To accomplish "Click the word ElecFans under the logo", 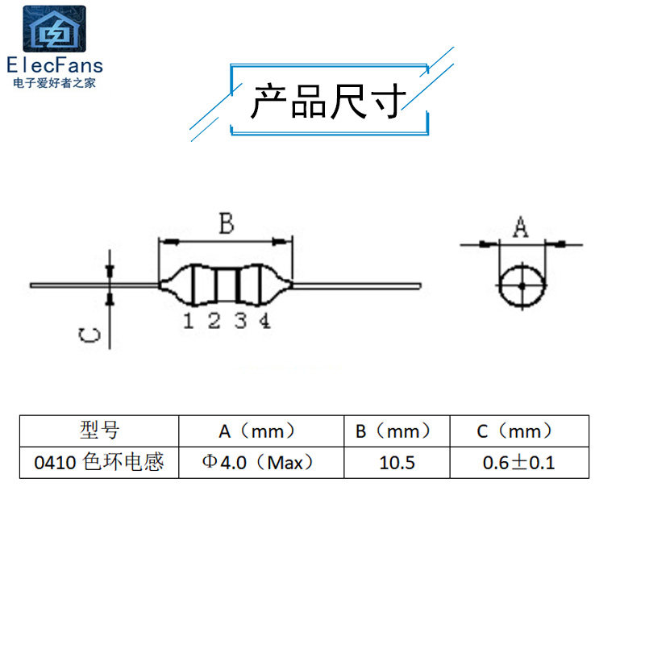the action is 54,65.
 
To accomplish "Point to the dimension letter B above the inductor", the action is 227,223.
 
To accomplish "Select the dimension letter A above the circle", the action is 522,228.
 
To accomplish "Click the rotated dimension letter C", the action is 90,336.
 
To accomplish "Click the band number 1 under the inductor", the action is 188,321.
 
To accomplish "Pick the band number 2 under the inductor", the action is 214,321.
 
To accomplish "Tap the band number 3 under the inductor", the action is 240,321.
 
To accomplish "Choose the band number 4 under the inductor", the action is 264,321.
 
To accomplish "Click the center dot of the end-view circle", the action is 522,286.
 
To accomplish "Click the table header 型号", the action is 99,431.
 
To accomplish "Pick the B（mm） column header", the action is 396,431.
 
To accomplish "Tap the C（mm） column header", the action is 518,431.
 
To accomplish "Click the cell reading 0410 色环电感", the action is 99,463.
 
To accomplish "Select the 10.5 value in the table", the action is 396,463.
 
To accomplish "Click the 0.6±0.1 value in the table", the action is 518,463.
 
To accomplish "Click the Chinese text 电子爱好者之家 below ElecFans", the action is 54,82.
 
